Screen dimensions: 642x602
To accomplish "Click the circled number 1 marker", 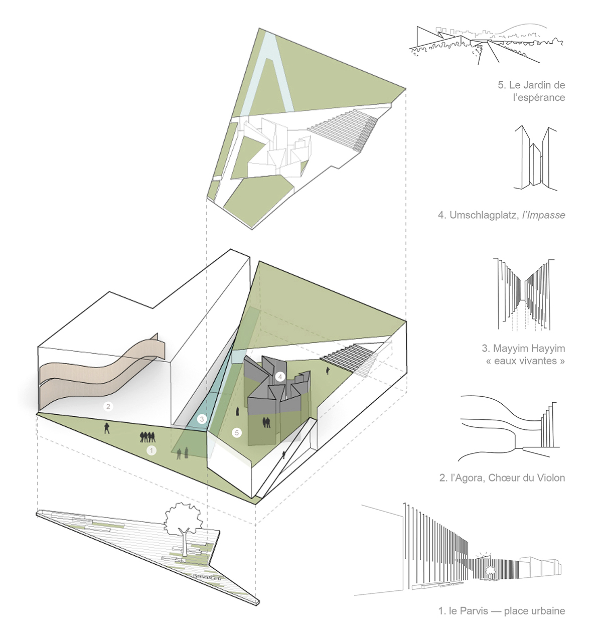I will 152,450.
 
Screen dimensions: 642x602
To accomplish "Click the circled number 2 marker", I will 108,406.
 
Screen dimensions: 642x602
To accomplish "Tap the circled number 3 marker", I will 202,419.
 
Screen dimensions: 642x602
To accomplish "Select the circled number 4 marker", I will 280,376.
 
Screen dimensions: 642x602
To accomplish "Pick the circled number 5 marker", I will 237,432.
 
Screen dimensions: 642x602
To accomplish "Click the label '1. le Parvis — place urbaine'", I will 501,611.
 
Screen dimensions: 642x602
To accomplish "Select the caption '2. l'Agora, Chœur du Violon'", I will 502,478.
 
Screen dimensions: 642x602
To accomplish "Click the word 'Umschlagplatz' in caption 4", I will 484,215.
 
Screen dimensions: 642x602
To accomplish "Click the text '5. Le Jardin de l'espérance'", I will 531,91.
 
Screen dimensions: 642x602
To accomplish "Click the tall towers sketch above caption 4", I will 535,158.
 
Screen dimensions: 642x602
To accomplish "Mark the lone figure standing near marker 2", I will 106,428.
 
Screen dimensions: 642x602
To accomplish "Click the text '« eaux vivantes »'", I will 525,361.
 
